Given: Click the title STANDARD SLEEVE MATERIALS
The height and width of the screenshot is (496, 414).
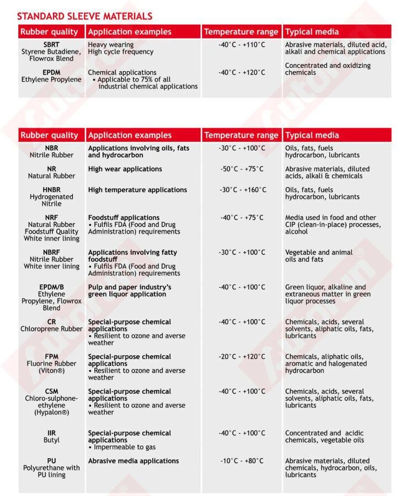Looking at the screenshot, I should coord(84,17).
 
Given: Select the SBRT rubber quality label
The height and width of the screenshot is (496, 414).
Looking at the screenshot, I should coord(51,45).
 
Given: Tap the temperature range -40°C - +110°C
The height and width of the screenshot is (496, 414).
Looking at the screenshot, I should coord(241,45).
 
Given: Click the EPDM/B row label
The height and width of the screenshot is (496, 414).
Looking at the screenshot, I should coord(51,287).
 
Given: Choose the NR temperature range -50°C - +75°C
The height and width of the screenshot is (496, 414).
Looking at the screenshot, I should coord(242,169).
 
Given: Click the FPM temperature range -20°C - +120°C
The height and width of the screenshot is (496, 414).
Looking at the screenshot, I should coord(241,357).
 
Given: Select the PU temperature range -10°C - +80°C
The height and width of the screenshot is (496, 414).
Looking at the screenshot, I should coord(242,461).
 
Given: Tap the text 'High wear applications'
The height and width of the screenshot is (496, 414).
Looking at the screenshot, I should coord(125,169).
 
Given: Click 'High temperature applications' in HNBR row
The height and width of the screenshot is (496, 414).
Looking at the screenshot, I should coord(137,190).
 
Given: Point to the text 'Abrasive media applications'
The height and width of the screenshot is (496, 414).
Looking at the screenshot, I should coord(134,461).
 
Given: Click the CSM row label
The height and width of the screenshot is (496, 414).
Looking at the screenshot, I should coord(51,392).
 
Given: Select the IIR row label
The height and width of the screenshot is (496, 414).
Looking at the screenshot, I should coord(51,434).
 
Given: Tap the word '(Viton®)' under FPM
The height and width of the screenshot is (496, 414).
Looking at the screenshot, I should coord(51,371).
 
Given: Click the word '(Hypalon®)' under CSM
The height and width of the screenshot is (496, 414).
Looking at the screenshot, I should coord(51,412).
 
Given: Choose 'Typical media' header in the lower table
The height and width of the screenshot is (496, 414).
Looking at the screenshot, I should coord(312,135).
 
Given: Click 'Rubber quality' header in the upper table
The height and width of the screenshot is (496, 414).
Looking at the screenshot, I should coord(49,32).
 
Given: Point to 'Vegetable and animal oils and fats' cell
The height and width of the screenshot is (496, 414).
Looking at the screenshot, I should coord(319,256).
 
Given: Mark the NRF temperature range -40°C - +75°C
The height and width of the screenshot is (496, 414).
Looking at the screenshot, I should coord(242,218).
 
